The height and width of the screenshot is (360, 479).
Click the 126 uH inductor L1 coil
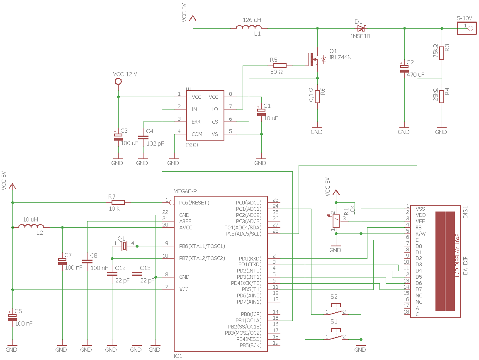click(x=249, y=27)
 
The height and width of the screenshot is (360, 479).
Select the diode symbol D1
click(x=361, y=29)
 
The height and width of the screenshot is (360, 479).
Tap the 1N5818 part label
click(x=360, y=36)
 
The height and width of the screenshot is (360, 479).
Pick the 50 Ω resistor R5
click(x=280, y=66)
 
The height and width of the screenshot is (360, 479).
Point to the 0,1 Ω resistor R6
click(x=317, y=97)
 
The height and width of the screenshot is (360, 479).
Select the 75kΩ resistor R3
click(x=442, y=53)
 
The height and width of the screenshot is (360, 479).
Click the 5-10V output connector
click(x=467, y=29)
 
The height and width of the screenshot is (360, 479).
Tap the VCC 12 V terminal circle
click(x=118, y=82)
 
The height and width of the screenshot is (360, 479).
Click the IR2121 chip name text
click(x=192, y=145)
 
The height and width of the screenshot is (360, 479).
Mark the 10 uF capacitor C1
click(x=261, y=112)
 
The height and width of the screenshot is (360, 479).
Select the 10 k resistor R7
click(x=118, y=202)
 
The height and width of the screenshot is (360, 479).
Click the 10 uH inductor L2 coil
click(x=31, y=226)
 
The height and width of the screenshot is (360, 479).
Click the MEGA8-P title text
click(x=185, y=191)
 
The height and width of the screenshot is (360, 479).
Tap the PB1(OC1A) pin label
click(x=248, y=321)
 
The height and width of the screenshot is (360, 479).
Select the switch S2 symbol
click(x=336, y=310)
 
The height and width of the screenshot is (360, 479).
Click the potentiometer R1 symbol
click(x=336, y=221)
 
